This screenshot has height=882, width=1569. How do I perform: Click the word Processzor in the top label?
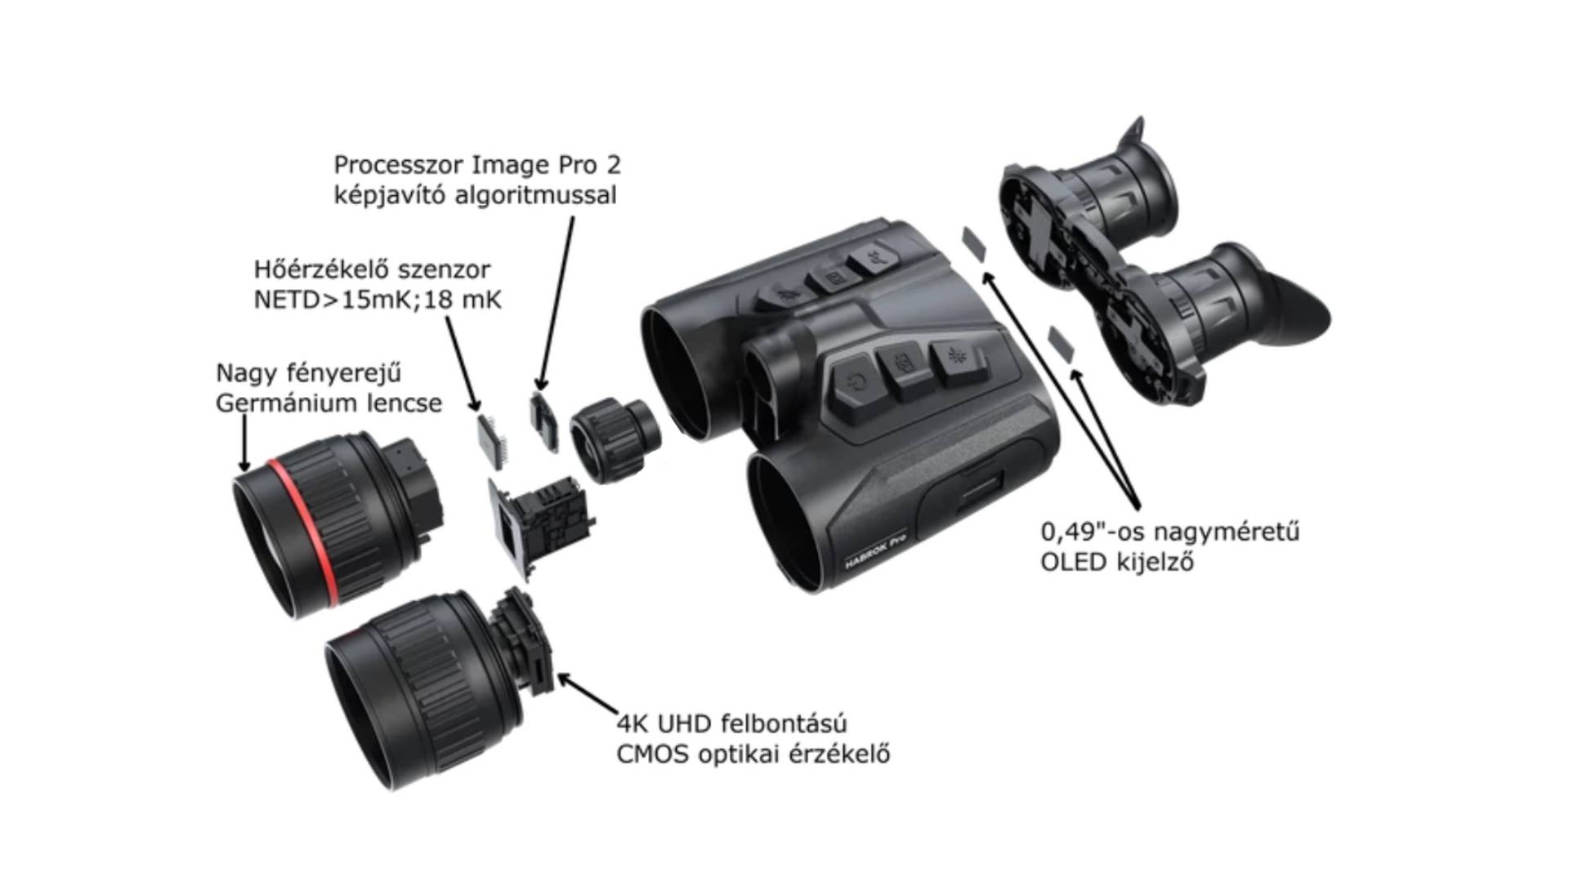point(400,165)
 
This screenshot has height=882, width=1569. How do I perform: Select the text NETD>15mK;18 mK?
point(378,300)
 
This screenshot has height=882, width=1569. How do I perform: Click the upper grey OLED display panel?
point(974,243)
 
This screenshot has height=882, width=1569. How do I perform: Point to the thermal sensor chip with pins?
point(493,442)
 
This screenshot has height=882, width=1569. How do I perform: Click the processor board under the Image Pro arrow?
point(544,422)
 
